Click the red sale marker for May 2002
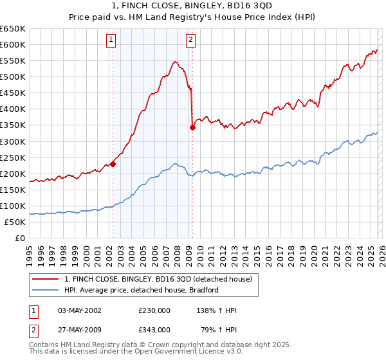[113, 164]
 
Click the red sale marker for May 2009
[192, 127]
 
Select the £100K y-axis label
[13, 206]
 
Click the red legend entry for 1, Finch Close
[161, 278]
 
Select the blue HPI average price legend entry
[142, 290]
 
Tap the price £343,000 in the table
[154, 329]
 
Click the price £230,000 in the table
[154, 310]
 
